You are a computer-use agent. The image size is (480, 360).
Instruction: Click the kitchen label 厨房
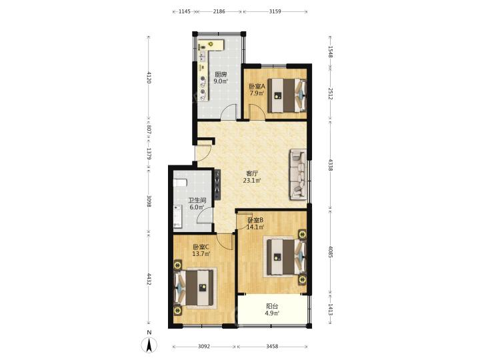[221, 75]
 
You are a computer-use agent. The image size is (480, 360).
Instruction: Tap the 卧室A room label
[257, 87]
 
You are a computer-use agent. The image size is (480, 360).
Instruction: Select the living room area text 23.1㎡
[251, 181]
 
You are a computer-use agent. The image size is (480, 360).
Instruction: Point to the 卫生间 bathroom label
[197, 201]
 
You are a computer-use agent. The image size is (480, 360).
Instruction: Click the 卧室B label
[255, 220]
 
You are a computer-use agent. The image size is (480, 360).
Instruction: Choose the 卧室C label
[201, 247]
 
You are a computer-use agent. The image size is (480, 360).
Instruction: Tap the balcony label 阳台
[272, 306]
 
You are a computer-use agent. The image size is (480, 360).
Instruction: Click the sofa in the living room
[298, 174]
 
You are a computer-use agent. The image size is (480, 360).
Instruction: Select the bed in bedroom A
[287, 95]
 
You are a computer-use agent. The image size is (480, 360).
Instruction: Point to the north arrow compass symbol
[149, 345]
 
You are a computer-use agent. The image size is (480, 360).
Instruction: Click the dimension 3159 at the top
[275, 11]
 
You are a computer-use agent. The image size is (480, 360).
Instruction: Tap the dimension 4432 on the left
[149, 279]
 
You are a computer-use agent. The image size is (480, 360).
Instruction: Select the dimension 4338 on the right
[330, 165]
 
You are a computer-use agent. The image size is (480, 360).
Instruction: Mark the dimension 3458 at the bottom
[272, 346]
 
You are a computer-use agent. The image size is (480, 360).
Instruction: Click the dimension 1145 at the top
[185, 11]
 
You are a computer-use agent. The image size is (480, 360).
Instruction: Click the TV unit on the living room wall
[217, 185]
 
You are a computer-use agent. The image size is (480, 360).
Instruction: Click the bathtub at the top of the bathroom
[180, 183]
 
